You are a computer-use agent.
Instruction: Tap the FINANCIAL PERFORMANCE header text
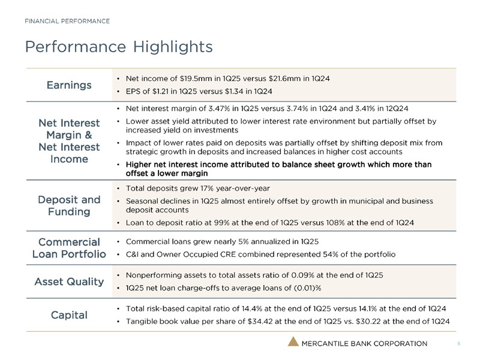(x=67, y=22)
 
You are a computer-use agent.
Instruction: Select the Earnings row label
(x=69, y=85)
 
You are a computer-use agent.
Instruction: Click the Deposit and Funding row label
(x=74, y=206)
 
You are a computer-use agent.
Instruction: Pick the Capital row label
(x=69, y=314)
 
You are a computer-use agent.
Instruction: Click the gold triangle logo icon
(x=292, y=343)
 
